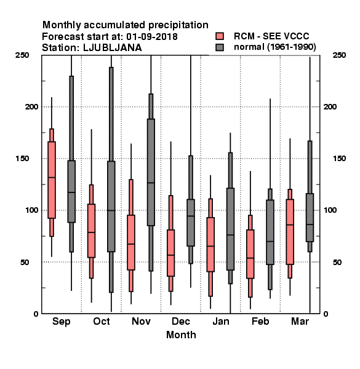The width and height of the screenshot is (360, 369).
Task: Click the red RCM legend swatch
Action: point(220,36)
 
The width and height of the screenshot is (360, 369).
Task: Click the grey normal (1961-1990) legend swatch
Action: point(220,47)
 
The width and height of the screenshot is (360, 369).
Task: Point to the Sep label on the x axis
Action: point(61,322)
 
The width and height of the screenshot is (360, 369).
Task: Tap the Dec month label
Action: point(181,321)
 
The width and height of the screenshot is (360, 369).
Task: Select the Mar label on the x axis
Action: point(300,321)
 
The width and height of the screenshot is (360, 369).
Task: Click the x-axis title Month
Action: point(181,335)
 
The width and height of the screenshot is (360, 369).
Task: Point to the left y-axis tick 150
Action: point(22,159)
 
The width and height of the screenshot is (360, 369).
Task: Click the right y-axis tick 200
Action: point(330,106)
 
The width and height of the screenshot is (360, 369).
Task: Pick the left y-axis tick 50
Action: point(25,262)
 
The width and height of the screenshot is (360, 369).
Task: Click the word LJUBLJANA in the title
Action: point(113,48)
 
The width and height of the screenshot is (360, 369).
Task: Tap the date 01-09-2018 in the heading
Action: point(152,37)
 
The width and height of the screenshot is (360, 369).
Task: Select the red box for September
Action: point(52,180)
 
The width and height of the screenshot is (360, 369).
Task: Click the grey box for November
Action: point(151,172)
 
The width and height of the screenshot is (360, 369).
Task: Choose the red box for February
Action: point(250,254)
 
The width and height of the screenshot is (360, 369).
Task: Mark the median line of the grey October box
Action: point(111,210)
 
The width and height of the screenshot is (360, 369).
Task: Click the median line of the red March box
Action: point(290,224)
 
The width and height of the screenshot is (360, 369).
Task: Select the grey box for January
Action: point(230,229)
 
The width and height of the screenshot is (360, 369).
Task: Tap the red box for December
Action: point(170,253)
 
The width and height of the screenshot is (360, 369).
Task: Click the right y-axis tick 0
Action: point(326,314)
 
